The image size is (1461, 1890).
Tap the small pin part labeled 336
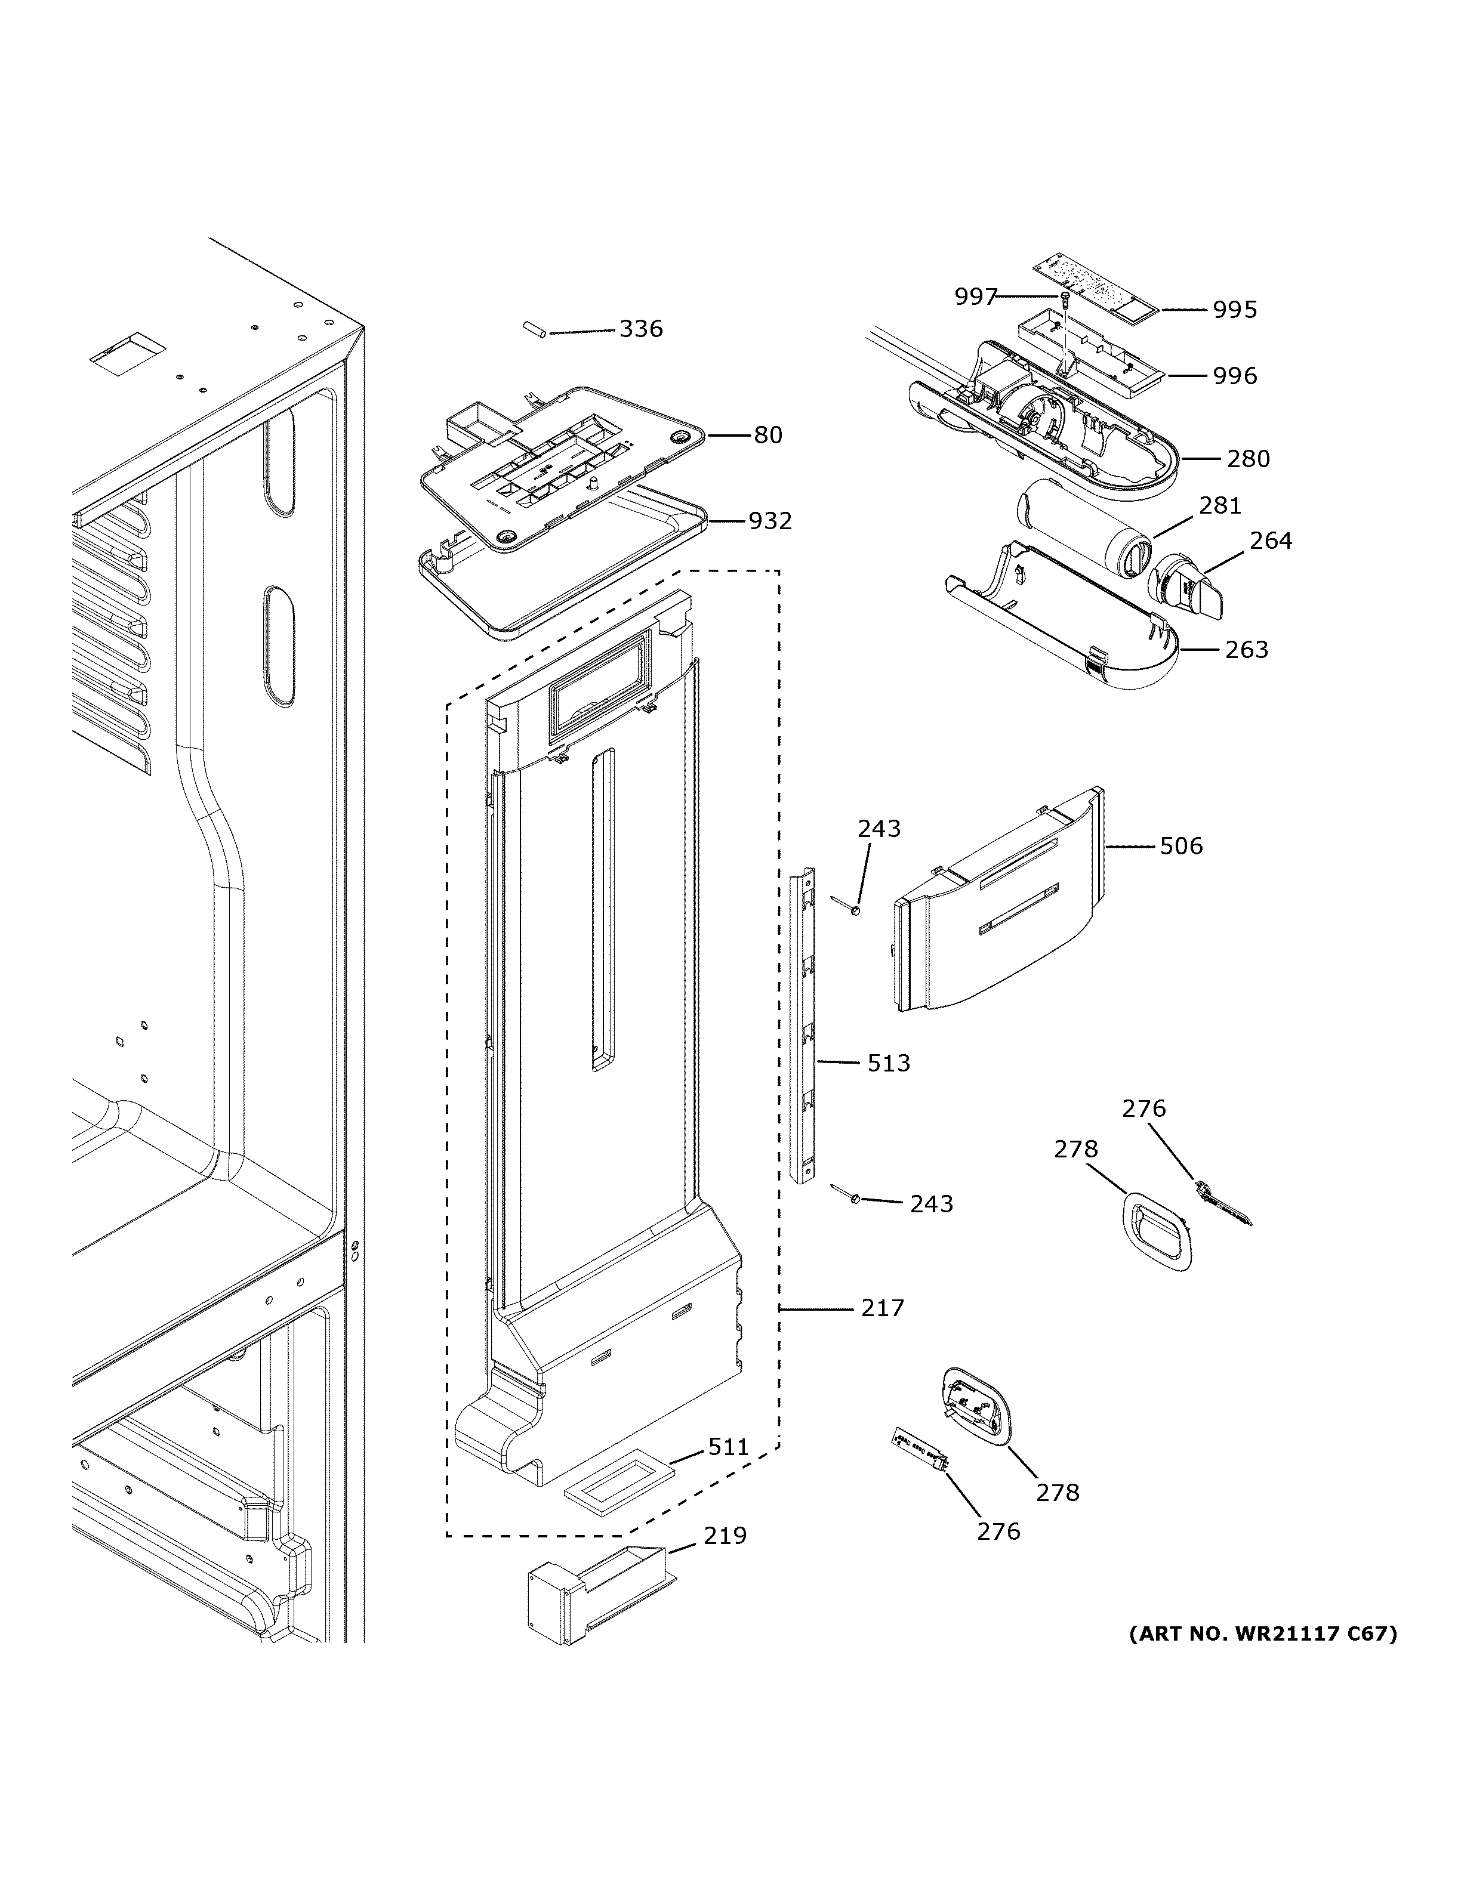[533, 331]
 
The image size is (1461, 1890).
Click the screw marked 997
[1065, 300]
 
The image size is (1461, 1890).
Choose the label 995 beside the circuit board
[1234, 310]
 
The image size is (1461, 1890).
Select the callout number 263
[1246, 649]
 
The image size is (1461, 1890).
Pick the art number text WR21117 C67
[1263, 1634]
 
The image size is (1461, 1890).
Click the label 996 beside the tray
[1234, 376]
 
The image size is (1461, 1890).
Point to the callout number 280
[1248, 459]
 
